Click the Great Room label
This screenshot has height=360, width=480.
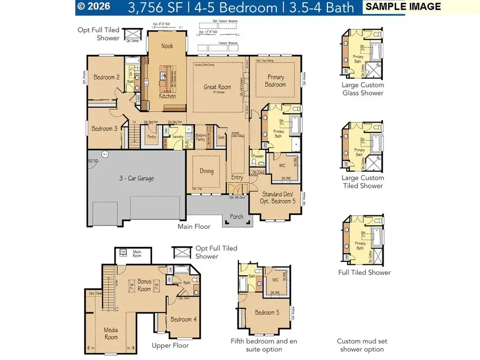point(217,87)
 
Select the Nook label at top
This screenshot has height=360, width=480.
point(167,46)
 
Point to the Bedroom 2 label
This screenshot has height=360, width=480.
point(106,77)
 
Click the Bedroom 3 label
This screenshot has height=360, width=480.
point(104,129)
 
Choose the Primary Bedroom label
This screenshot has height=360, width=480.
point(275,81)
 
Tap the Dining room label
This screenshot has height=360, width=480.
point(206,171)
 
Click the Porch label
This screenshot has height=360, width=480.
point(236,217)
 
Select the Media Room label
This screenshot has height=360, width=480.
point(110,333)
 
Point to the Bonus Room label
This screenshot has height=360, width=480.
point(145,284)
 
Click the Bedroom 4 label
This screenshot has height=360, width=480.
point(183,319)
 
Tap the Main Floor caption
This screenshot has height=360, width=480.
point(194,227)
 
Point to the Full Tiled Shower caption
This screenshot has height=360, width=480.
point(364,273)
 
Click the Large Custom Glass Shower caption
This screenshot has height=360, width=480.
point(363,89)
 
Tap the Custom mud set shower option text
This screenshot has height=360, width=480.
point(360,345)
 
